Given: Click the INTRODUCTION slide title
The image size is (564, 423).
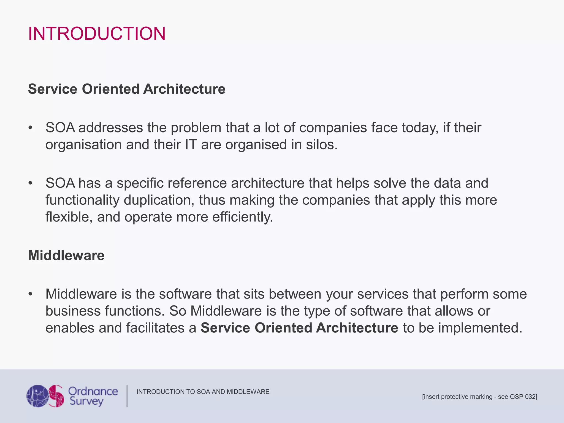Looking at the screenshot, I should (97, 34).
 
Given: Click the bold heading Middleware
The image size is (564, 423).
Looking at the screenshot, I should (66, 255).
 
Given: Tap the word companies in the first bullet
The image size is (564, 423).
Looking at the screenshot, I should (333, 128).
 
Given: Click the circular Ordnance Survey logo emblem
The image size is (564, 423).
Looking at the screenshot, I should (45, 396).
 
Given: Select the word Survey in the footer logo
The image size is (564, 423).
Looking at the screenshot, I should (86, 401).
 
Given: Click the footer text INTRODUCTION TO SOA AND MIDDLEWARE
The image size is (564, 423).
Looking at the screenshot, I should (203, 392).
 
